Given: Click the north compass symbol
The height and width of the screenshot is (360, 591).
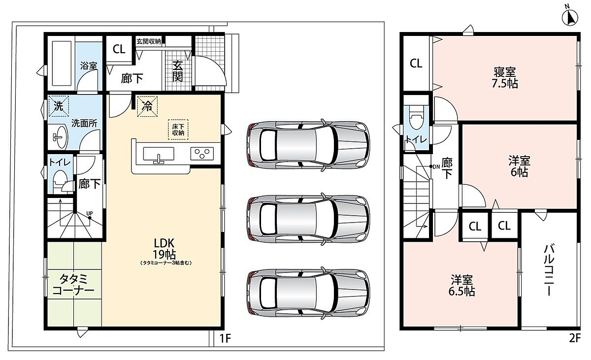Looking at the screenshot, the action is click(570, 18).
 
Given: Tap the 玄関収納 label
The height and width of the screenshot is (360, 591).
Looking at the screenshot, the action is click(149, 42).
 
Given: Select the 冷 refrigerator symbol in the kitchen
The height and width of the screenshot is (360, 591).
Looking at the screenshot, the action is click(147, 106).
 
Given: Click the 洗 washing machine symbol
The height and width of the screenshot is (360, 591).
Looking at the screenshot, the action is click(59, 106).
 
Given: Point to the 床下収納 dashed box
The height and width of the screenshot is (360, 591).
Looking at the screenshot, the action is click(178, 130).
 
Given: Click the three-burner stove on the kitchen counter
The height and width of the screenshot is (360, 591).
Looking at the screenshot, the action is click(202, 154).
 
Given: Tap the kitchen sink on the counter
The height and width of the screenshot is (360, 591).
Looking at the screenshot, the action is click(159, 154).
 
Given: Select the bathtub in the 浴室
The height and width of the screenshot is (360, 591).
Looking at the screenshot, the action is click(62, 64).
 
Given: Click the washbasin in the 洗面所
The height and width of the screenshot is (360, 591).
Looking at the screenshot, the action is click(60, 137).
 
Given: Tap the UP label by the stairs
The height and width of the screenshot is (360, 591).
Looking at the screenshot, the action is click(90, 213).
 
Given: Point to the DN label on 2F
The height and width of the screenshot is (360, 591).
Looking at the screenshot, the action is click(436, 166).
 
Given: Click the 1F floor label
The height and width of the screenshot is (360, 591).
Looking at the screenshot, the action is click(226, 338).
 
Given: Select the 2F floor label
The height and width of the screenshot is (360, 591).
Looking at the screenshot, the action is click(575, 338).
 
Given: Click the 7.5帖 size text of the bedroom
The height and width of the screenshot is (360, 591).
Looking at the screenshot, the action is click(504, 84).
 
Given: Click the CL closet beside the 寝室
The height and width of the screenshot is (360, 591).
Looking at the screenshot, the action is click(416, 64).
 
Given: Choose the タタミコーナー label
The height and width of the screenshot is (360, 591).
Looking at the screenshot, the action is click(73, 285).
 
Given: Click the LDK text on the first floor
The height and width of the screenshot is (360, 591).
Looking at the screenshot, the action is click(164, 242).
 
